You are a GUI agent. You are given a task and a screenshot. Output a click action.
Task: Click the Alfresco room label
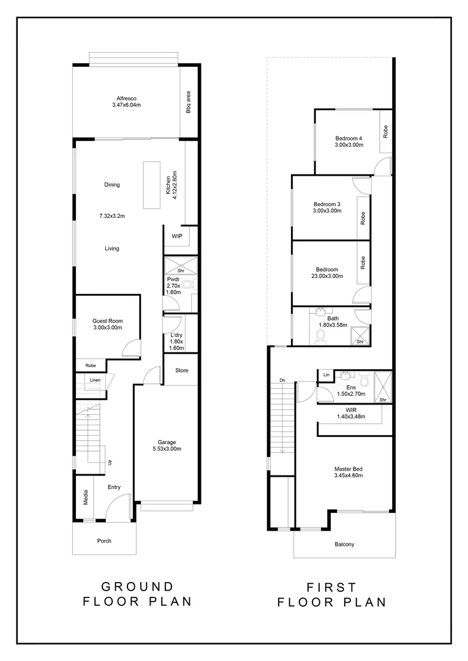click(126, 98)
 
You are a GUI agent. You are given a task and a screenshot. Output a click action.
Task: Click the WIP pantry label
click(177, 236)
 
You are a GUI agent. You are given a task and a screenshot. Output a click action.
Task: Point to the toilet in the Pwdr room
click(187, 285)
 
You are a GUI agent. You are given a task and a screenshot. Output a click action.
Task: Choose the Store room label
click(181, 370)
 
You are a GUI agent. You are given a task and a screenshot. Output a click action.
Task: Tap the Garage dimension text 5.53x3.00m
click(166, 449)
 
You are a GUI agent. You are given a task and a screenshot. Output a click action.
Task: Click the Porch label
click(104, 540)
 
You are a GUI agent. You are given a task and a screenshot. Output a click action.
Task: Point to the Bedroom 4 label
click(349, 138)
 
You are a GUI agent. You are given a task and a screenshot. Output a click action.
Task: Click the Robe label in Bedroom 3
click(363, 217)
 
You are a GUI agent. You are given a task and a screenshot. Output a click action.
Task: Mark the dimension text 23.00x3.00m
click(326, 276)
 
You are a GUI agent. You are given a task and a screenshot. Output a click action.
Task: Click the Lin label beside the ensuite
click(326, 374)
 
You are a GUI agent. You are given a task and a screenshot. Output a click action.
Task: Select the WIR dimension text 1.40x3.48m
click(350, 417)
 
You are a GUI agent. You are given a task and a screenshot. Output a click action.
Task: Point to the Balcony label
click(344, 544)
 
